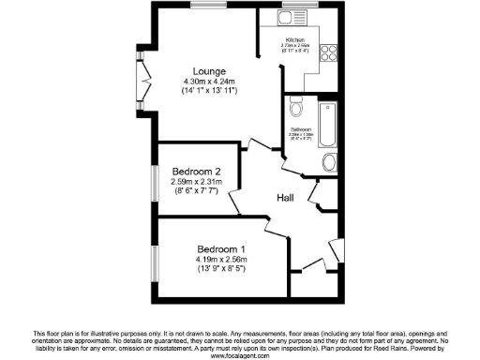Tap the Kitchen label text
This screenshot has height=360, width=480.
tap(295, 40)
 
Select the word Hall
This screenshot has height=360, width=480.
tap(286, 198)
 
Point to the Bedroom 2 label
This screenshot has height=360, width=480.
tap(197, 172)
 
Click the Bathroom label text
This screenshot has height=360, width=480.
tap(301, 127)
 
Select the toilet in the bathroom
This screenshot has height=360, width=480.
tap(294, 104)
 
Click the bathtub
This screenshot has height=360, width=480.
tap(327, 121)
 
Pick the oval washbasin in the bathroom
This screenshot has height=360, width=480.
tap(327, 164)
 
